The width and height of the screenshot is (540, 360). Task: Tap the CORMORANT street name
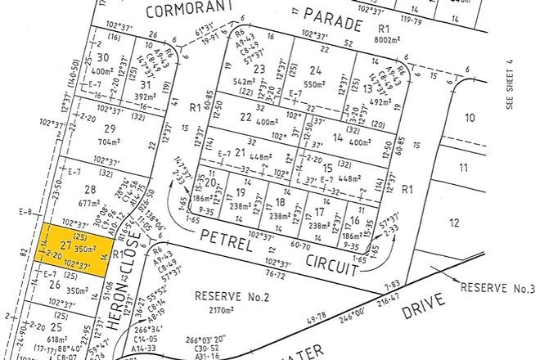point(192,11)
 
